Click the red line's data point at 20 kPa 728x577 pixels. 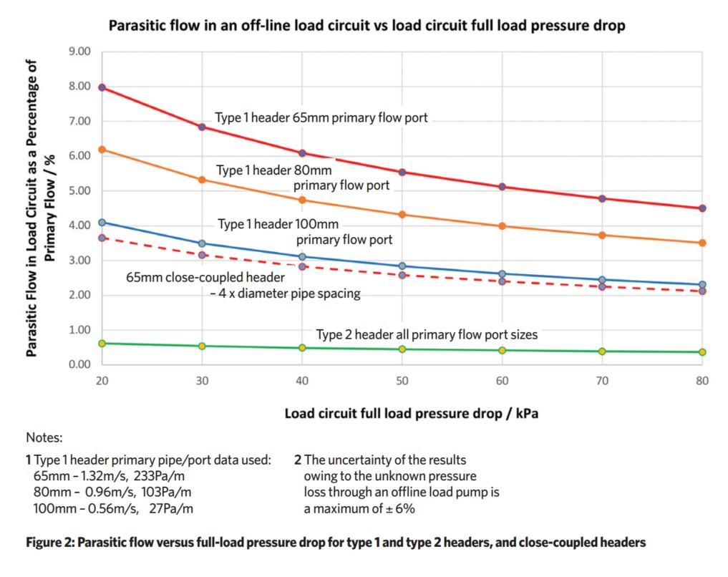click(102, 87)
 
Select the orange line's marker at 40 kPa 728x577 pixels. click(302, 200)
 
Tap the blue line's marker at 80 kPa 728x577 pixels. click(702, 285)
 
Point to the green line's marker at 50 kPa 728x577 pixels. click(402, 349)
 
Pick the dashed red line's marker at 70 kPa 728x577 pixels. click(602, 286)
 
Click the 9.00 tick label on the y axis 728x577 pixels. click(79, 52)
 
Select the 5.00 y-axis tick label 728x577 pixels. click(79, 191)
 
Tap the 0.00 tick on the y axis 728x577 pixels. click(79, 365)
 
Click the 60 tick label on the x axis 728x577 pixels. click(502, 382)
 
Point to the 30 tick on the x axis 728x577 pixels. click(203, 382)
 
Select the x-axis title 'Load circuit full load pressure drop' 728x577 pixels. click(402, 414)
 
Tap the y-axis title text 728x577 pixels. click(40, 208)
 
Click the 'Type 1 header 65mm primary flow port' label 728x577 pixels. click(321, 117)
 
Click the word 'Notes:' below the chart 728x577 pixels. click(44, 437)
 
